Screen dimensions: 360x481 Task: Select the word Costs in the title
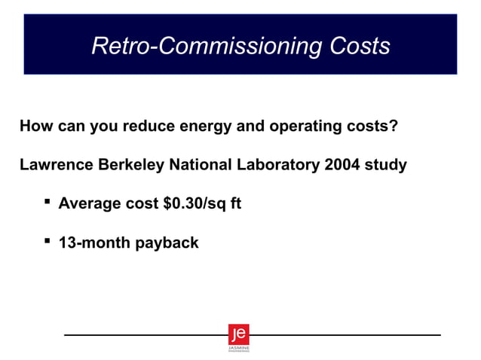click(360, 47)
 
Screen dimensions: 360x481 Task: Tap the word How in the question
click(36, 126)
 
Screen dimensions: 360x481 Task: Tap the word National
click(203, 164)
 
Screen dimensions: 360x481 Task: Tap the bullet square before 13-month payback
click(47, 240)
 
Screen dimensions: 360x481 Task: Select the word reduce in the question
click(150, 126)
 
